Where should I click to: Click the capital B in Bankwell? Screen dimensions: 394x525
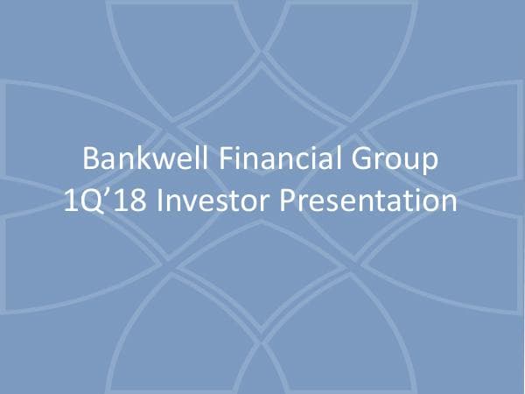tap(89, 161)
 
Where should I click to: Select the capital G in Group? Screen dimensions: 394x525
tap(360, 161)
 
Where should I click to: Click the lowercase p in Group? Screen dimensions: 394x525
tap(427, 165)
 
